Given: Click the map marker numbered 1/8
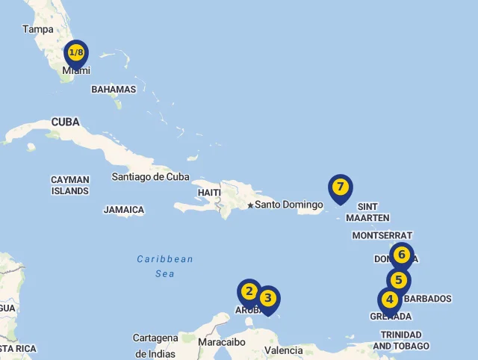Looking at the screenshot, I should pos(76,53).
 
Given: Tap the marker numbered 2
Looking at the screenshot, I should pos(249,292).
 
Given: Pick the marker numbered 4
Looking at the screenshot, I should pos(389,300).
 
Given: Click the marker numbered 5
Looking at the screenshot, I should pos(399,281).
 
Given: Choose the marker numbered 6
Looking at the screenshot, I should pos(401,255).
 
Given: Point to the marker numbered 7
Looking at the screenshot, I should pos(340,187).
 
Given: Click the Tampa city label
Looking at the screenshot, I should pos(38,29).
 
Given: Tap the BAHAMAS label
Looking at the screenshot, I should pos(114,90).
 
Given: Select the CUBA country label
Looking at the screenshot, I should pos(66,122).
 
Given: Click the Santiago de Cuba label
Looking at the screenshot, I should pos(150,177).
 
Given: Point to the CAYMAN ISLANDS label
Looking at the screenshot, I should pos(70,185).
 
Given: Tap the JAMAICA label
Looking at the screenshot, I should pos(124,210).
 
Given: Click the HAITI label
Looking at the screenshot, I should pos(209,193).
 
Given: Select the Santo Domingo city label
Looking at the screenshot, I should pos(289,205).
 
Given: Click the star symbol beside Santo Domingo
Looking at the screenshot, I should pos(250,205).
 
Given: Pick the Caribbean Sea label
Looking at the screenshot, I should pos(165,267).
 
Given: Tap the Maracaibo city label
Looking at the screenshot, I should pos(222,342).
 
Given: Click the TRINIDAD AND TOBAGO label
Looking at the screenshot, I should pos(401,341).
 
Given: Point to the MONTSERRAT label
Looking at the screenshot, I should pos(382,235).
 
